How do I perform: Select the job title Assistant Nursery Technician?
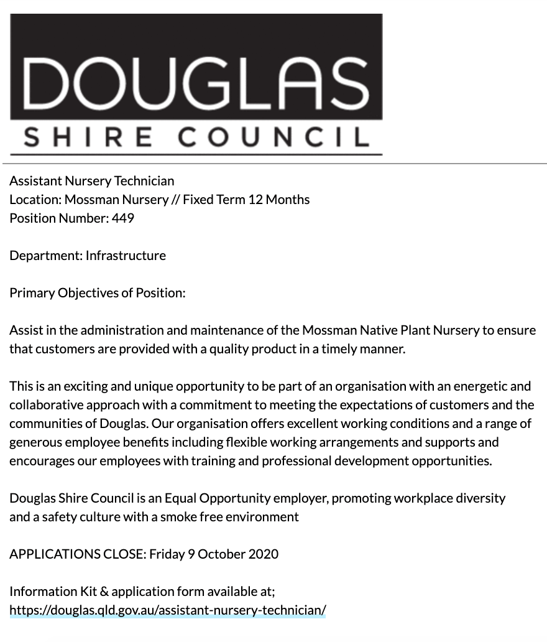coord(92,181)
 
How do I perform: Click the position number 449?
coord(123,218)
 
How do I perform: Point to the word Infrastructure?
coord(126,256)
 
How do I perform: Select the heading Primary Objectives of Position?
coord(97,293)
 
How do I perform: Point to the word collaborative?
coord(46,405)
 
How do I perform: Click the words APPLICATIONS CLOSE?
coord(77,554)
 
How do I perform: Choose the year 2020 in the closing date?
coord(263,554)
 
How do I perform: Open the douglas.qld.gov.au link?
coord(168,610)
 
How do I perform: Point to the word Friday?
coord(167,554)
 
